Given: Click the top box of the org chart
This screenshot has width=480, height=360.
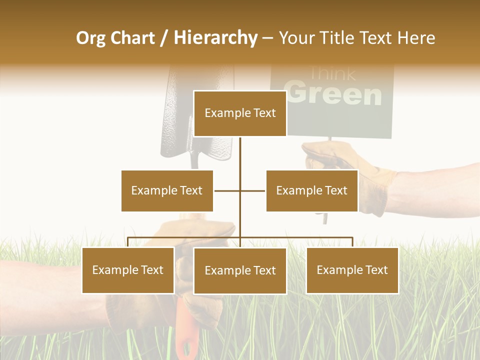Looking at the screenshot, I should [240, 113].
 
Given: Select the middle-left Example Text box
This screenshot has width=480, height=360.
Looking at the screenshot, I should [167, 190].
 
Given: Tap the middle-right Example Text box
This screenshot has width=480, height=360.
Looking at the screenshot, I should [311, 190].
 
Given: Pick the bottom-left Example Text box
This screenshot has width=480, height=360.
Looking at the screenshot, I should [128, 270].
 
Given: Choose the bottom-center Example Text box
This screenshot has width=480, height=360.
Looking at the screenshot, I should [240, 270].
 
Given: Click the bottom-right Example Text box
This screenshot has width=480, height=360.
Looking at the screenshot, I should [352, 270].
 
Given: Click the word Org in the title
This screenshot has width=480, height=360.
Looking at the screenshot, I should [90, 38].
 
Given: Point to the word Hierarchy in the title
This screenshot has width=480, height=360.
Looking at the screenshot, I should [215, 38].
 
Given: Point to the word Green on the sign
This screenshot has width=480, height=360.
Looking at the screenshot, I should [335, 94].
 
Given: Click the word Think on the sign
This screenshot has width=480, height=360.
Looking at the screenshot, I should [332, 74].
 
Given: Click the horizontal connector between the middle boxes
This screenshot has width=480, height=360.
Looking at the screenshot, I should [239, 190].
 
